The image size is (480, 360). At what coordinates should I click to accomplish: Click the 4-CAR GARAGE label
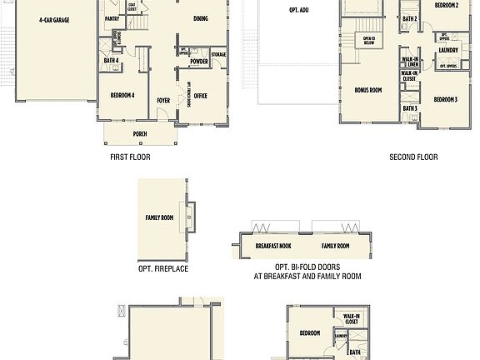pyautogui.click(x=53, y=17)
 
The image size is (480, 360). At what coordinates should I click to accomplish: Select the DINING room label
pyautogui.click(x=201, y=17)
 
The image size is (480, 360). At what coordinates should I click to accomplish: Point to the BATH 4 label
pyautogui.click(x=111, y=60)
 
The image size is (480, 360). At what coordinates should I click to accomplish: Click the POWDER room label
pyautogui.click(x=198, y=62)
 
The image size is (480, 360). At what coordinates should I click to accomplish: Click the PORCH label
pyautogui.click(x=140, y=133)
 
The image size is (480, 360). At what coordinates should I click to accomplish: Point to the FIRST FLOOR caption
pyautogui.click(x=130, y=157)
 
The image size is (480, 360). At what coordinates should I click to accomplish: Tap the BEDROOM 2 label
pyautogui.click(x=446, y=5)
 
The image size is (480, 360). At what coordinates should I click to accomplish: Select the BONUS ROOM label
pyautogui.click(x=367, y=89)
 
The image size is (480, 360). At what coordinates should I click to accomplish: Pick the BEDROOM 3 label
pyautogui.click(x=445, y=100)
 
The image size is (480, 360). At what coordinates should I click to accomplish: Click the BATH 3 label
pyautogui.click(x=410, y=108)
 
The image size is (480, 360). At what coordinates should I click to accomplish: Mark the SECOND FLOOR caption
pyautogui.click(x=413, y=157)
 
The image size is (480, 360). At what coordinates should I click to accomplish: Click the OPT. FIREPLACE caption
pyautogui.click(x=163, y=269)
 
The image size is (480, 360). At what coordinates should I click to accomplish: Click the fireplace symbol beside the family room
pyautogui.click(x=191, y=217)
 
